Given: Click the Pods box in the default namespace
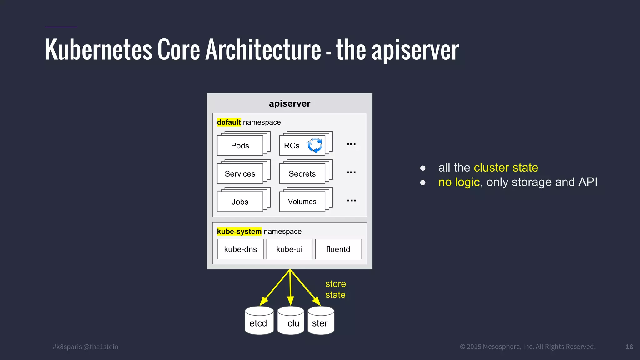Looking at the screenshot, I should [x=240, y=146].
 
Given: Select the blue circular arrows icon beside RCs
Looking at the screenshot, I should [x=315, y=145].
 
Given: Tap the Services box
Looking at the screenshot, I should [x=240, y=174].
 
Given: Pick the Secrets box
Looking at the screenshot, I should [x=302, y=174].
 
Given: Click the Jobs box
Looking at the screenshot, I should [x=240, y=202].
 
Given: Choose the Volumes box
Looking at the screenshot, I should [x=302, y=202].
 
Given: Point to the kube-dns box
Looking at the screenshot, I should [x=240, y=249].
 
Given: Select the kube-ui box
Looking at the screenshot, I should [x=289, y=249].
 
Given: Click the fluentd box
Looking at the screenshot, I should [x=338, y=249].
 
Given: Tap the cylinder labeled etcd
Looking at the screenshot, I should [x=259, y=322].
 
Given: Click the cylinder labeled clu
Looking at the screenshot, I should [x=291, y=322].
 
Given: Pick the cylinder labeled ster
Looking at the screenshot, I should [x=321, y=322].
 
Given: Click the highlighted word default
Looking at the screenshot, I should [x=229, y=122].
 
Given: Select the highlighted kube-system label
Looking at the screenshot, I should [x=239, y=232].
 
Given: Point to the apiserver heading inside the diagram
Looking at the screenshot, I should [x=289, y=103].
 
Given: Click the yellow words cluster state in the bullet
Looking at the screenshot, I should [x=506, y=168].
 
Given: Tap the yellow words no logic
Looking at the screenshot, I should [x=459, y=182].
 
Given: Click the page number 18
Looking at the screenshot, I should [x=629, y=347].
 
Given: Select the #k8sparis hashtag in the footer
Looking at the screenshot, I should [x=67, y=347].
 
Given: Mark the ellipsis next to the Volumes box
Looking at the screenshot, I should [x=352, y=201].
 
